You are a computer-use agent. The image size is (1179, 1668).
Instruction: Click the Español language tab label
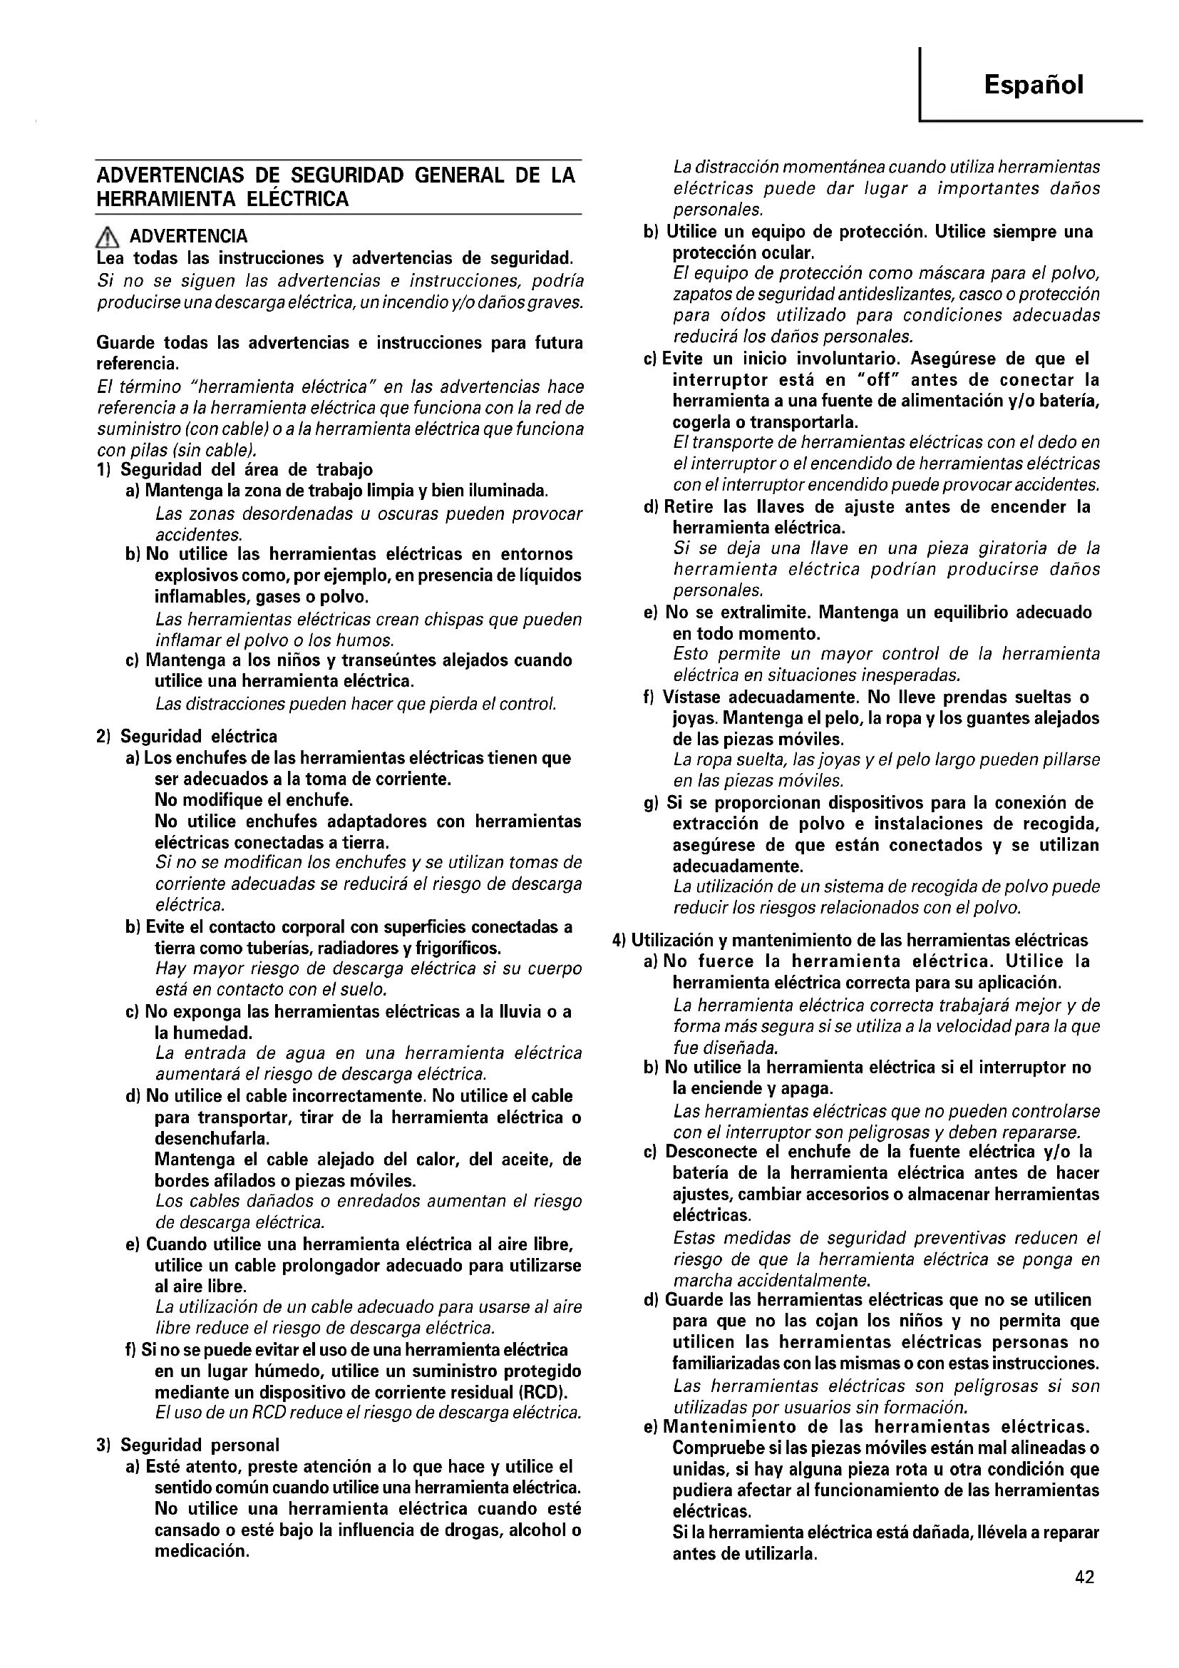(x=1033, y=86)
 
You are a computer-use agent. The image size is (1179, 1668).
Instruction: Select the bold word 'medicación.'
(x=202, y=1552)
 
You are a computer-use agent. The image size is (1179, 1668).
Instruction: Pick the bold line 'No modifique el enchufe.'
(x=254, y=801)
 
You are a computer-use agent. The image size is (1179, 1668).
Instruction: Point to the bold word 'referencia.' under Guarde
(x=138, y=363)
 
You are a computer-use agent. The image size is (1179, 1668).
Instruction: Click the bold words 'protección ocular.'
(x=743, y=253)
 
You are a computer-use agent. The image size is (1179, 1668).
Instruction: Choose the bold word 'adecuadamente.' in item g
(x=738, y=866)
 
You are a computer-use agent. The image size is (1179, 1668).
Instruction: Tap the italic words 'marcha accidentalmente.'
(x=772, y=1279)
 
